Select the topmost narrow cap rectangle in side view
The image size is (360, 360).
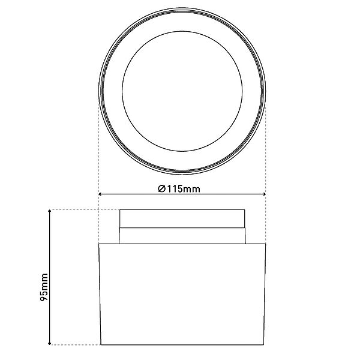click(181, 218)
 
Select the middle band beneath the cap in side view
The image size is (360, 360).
click(181, 235)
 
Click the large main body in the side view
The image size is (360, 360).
click(181, 294)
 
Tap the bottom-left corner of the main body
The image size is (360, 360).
click(98, 344)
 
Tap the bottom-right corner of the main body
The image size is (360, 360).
click(265, 344)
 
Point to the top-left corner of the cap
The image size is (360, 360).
click(120, 210)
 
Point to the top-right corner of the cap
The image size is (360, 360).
click(244, 210)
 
